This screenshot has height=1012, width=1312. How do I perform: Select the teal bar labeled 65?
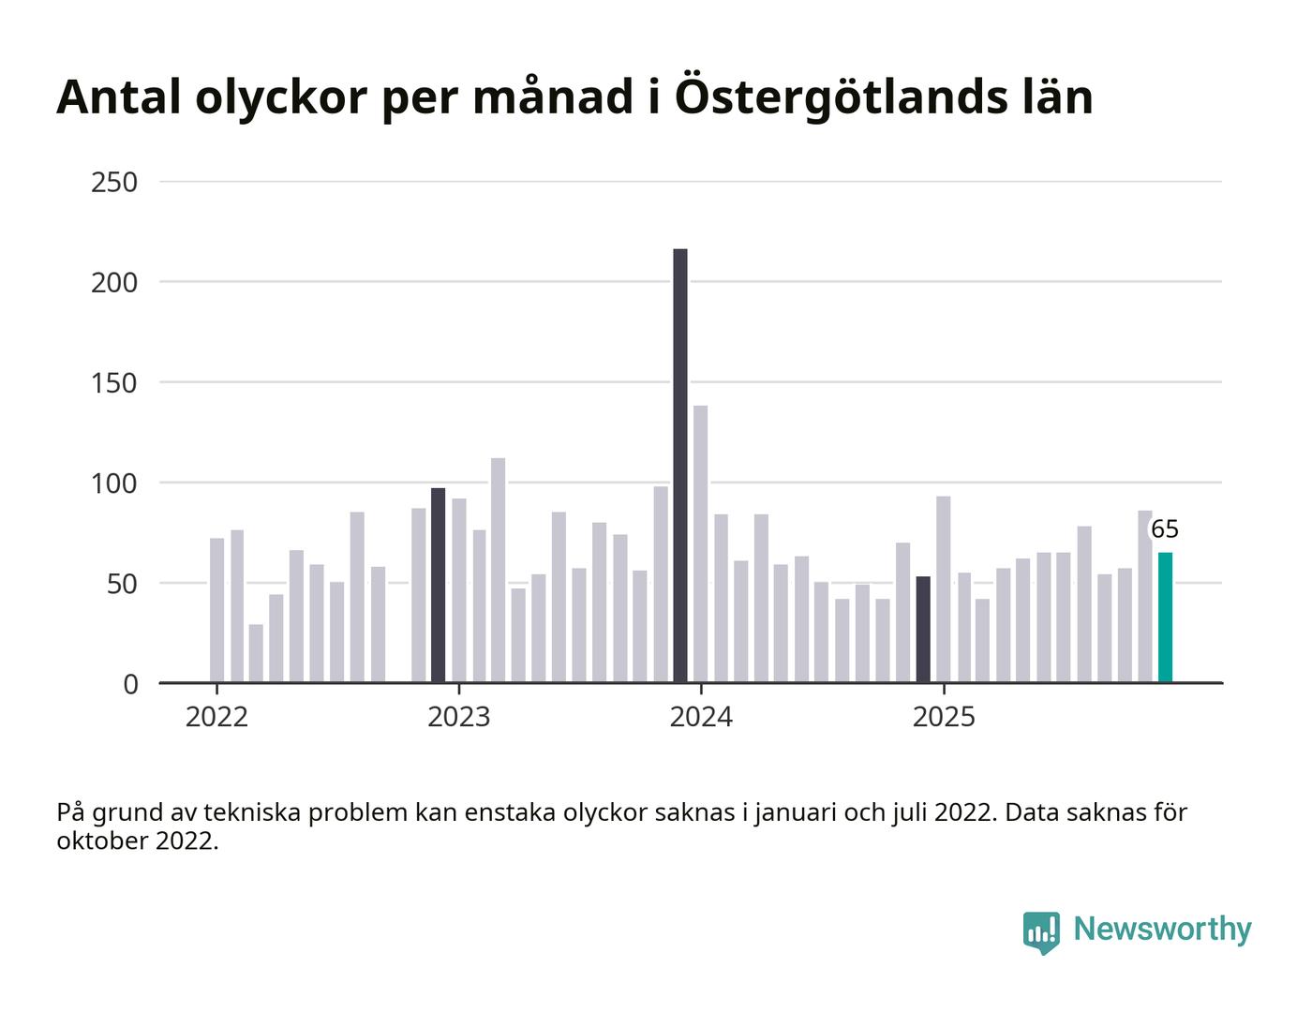click(x=1165, y=618)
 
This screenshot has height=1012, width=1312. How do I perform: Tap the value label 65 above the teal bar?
click(x=1164, y=529)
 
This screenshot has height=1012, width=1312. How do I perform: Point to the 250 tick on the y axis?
click(x=114, y=182)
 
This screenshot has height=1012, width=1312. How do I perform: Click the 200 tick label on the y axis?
click(x=114, y=282)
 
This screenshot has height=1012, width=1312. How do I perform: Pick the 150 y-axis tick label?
click(x=114, y=382)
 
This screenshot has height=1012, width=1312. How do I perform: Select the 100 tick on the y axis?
click(x=114, y=484)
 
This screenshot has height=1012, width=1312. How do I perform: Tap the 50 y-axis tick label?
click(x=122, y=584)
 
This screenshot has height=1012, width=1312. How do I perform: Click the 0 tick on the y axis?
click(x=130, y=684)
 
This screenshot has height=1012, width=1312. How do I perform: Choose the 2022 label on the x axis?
click(x=216, y=718)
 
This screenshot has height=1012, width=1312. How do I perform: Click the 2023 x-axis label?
click(x=458, y=718)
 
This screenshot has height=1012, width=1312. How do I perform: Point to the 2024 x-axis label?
click(x=701, y=718)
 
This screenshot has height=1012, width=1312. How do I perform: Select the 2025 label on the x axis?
click(x=944, y=718)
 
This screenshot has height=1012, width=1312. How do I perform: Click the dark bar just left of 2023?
click(x=439, y=586)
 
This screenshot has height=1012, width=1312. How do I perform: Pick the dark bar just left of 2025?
click(x=923, y=630)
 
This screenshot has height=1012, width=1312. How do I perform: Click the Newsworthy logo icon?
click(x=1041, y=931)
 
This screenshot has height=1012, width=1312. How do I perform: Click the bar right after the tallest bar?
click(x=700, y=544)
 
